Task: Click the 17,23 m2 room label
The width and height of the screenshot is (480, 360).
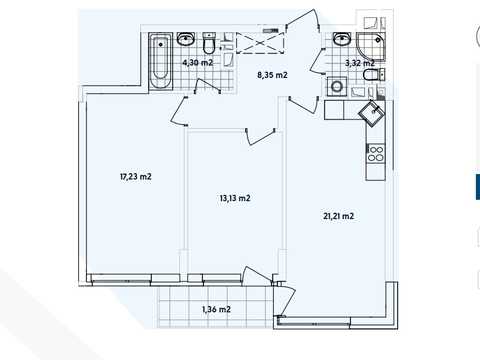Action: coord(136,176)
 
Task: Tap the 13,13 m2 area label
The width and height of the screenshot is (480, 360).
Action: coord(235,198)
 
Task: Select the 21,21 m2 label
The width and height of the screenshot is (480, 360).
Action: coord(338,216)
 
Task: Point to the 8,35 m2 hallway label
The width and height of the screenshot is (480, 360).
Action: coord(272,75)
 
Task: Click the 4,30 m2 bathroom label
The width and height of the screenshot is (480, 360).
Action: coord(198,62)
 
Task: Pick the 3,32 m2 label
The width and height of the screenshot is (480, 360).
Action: coord(360,63)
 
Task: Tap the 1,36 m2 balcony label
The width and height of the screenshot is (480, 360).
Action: coord(216,309)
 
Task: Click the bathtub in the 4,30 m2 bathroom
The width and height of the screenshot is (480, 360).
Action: coord(160,61)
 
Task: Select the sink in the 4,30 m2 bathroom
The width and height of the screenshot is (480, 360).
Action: coord(185,39)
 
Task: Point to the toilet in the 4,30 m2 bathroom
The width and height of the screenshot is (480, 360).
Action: coord(209,43)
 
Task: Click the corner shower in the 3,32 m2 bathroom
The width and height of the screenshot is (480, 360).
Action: coord(371,46)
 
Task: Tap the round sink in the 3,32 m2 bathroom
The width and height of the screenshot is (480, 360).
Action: coord(341,39)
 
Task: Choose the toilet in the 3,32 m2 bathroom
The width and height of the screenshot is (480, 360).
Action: coord(373,75)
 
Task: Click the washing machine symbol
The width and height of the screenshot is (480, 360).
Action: coord(337,87)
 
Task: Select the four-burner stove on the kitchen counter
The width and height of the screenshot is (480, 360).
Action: coord(375,153)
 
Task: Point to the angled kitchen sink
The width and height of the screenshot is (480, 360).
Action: coord(372,113)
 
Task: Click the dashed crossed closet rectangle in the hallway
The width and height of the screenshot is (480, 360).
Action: coord(260,43)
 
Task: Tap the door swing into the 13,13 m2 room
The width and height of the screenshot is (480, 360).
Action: coord(260,136)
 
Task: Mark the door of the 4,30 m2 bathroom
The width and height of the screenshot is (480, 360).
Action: coord(207,86)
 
